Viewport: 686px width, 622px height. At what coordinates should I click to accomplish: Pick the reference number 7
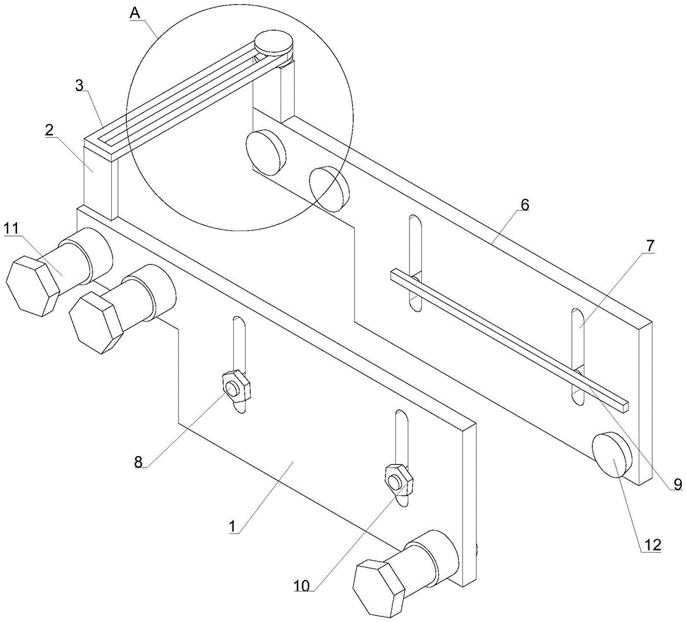(x=649, y=246)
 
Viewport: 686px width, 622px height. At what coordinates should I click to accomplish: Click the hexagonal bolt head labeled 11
(x=32, y=285)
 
